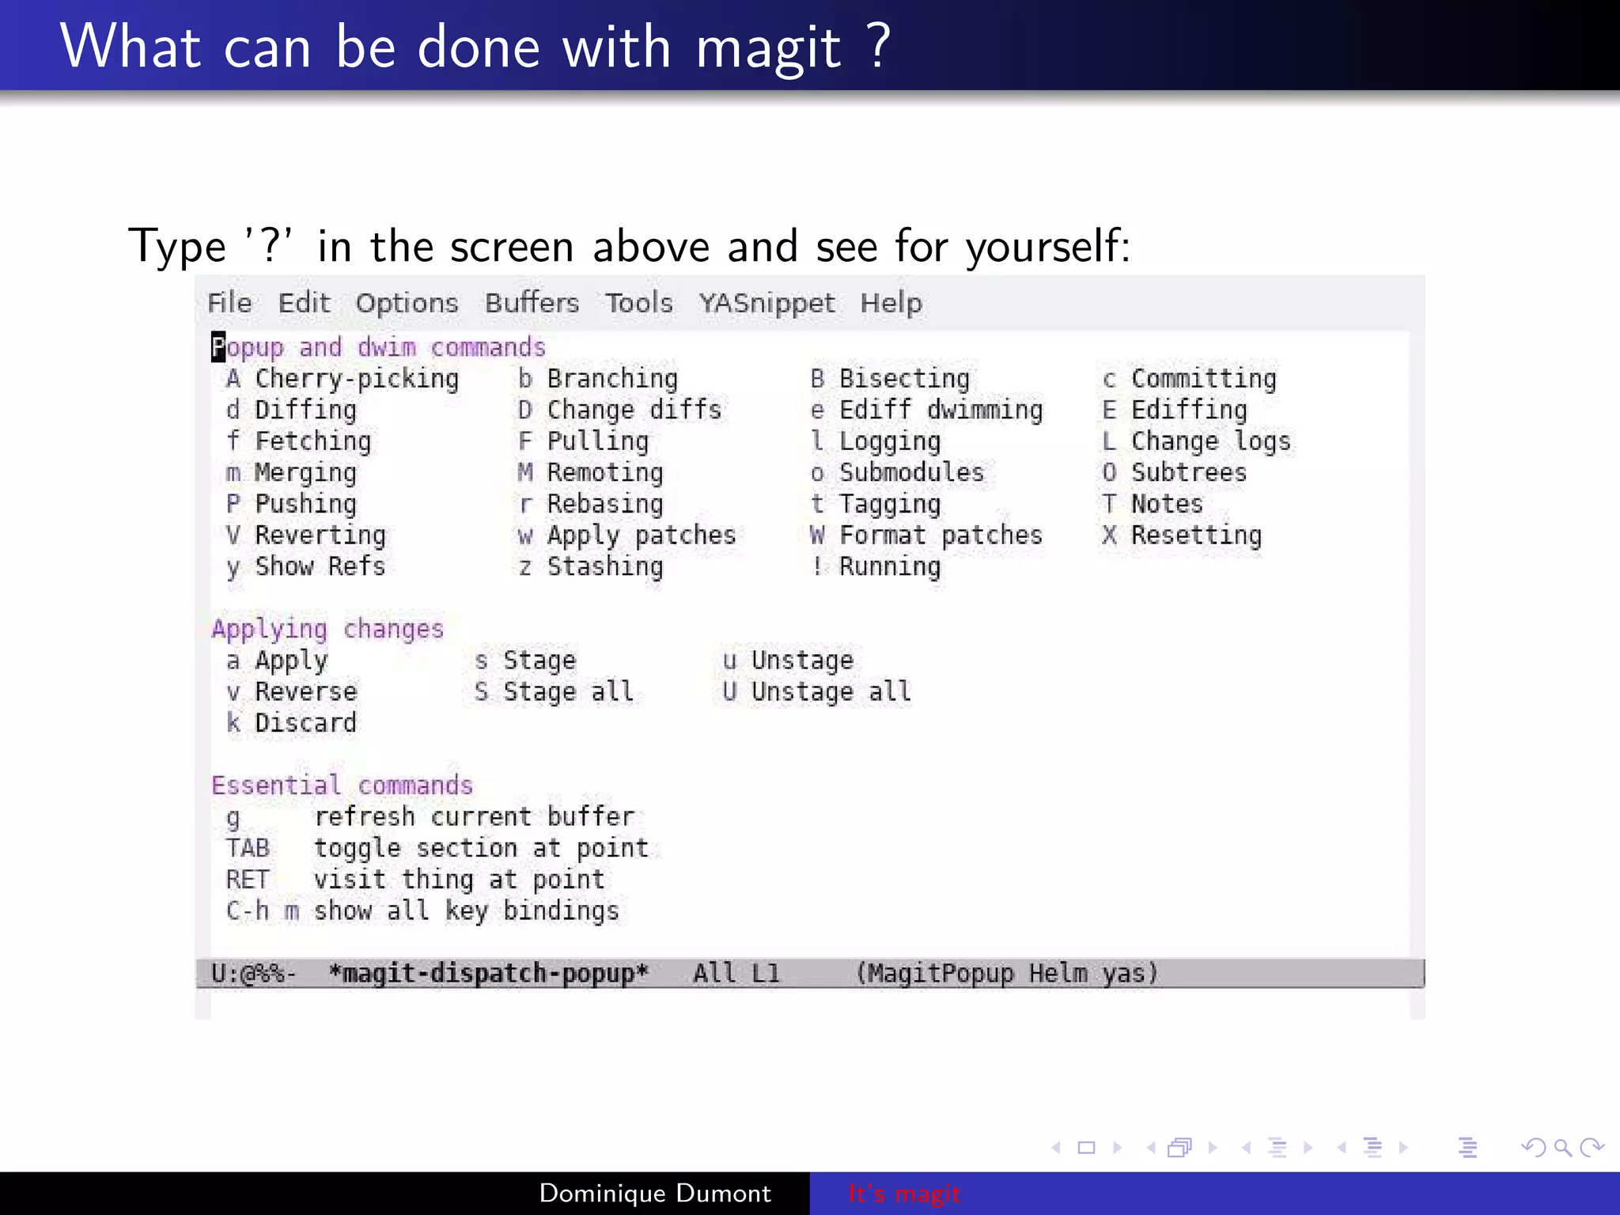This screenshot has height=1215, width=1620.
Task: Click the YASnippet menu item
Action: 766,303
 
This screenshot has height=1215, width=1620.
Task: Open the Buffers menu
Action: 532,303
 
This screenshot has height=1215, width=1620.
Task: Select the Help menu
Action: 891,303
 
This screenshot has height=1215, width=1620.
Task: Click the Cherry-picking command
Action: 356,379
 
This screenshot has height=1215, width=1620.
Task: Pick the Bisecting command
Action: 903,379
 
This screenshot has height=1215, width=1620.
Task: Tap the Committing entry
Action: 1203,379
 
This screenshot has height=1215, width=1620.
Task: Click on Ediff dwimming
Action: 941,410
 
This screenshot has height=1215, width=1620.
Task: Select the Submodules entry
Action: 911,472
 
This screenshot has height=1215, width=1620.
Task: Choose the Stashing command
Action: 605,566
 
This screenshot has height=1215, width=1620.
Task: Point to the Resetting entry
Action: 1196,536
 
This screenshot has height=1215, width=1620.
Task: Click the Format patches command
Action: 941,536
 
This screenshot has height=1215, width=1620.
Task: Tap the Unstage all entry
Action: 831,692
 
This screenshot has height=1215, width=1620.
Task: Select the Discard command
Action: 305,723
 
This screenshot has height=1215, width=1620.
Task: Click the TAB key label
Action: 248,848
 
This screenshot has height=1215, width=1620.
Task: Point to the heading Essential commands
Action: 342,785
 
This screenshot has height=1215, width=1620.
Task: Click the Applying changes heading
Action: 327,629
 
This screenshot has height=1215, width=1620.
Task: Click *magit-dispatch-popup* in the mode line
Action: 488,973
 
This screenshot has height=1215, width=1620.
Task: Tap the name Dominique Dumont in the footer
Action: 655,1193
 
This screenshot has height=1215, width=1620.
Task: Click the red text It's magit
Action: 903,1193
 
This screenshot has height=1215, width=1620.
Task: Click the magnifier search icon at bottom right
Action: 1562,1147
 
